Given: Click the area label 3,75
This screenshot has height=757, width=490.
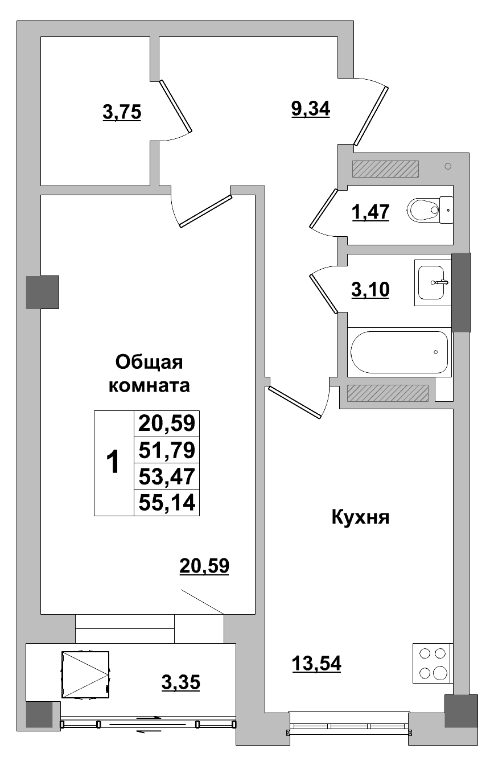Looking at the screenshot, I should (121, 113).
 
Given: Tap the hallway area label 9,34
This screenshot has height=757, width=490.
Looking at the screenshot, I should (310, 108).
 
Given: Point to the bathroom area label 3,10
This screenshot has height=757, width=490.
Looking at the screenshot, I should (370, 290).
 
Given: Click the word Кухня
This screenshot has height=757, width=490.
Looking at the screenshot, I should (359, 518).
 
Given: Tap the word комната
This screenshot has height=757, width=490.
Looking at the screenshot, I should (149, 386).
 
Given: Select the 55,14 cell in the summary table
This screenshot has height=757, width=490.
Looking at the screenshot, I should (167, 503).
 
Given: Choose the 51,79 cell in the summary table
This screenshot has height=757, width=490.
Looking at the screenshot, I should (167, 451).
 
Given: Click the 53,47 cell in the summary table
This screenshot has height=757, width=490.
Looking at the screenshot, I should (167, 477).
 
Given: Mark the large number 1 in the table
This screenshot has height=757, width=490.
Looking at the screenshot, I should (114, 462).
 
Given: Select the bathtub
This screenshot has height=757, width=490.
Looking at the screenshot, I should (400, 352).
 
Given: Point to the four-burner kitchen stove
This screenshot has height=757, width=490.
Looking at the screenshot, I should (433, 663).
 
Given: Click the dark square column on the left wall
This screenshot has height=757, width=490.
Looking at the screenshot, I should (43, 292).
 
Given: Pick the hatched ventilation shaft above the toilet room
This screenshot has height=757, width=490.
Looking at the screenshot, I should (385, 168).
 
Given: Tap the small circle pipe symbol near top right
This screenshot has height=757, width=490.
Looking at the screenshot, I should (448, 166).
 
